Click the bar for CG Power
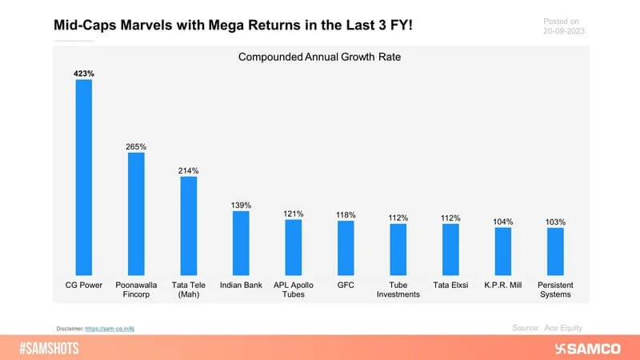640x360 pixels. pos(84,177)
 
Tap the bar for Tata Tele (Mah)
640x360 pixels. pos(188,226)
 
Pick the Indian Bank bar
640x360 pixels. pos(241,242)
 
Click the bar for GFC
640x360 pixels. pos(346,248)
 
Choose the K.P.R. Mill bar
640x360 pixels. pos(502,251)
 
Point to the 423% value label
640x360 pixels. pos(84,73)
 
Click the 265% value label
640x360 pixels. pos(136,146)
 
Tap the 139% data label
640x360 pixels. pos(241,205)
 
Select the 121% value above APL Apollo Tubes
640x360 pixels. pos(294,214)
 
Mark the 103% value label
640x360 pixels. pos(555,222)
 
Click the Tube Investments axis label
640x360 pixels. pos(398,290)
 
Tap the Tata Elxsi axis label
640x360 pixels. pos(450,285)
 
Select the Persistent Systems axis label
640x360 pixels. pos(555,290)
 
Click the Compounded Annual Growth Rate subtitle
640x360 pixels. pos(320,57)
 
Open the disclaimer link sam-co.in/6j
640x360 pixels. pos(125,329)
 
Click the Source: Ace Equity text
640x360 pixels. pos(547,328)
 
